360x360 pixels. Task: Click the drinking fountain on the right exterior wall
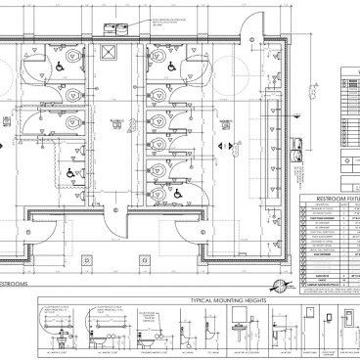tap(297, 151)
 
